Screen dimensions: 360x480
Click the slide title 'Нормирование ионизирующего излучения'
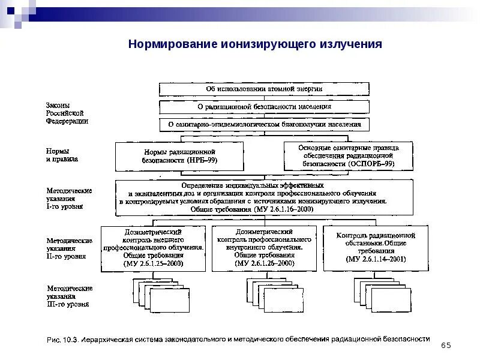tap(255, 45)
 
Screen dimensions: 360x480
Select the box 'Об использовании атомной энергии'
tap(264, 89)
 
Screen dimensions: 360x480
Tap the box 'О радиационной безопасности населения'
tap(264, 107)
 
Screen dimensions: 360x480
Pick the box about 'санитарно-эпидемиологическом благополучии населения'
tap(264, 125)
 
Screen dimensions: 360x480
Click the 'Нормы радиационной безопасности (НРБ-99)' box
tap(179, 157)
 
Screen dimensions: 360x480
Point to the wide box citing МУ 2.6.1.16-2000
tap(264, 197)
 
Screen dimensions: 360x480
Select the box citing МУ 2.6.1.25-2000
tap(154, 247)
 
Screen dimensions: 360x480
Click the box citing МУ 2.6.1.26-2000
tap(264, 247)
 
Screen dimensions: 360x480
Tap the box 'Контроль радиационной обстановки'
tap(376, 247)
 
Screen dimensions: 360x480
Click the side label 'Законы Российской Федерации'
tap(67, 113)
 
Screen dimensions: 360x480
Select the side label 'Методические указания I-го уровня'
tap(70, 198)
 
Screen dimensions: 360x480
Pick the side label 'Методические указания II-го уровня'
tap(70, 248)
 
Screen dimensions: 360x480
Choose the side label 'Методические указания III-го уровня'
tap(70, 296)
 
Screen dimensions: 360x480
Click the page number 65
tap(445, 345)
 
